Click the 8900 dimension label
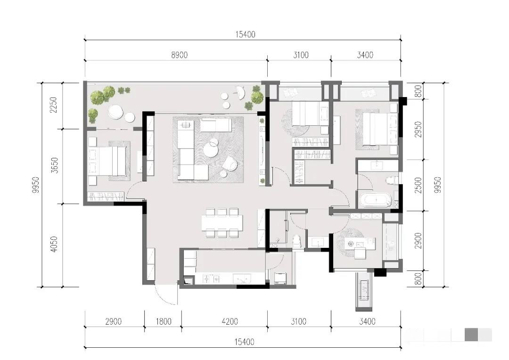coord(179,55)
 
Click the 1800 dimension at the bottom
coord(163,322)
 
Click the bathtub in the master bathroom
coord(376,200)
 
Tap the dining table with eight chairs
coord(222,222)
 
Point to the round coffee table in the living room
coord(211,149)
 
